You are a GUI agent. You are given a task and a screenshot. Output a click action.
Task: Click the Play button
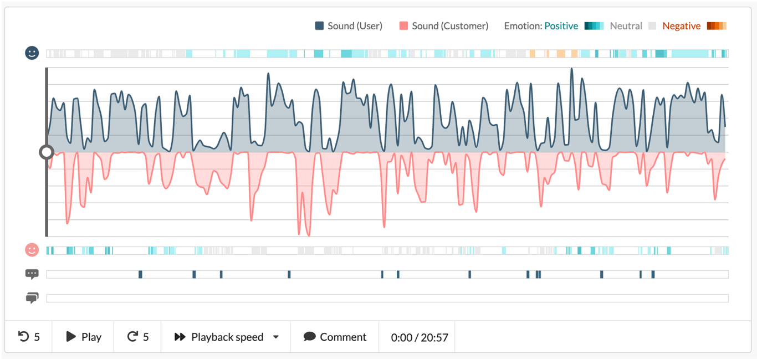tap(83, 337)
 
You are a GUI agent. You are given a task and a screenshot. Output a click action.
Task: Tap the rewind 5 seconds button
tap(29, 337)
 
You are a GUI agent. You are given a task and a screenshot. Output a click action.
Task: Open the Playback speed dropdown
tap(226, 337)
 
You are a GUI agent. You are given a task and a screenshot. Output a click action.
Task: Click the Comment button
tap(335, 337)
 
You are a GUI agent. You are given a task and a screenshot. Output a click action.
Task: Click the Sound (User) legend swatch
tap(319, 26)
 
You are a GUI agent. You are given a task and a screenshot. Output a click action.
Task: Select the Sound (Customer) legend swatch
tap(403, 26)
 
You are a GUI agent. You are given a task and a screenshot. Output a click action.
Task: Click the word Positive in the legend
tap(561, 26)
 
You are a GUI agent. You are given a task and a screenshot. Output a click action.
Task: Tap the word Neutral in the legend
tap(626, 26)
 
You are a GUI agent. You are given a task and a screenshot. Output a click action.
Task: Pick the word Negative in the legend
tap(681, 26)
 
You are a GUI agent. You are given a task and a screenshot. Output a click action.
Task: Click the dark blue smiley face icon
tap(32, 53)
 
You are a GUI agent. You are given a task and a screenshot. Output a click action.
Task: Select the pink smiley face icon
tap(32, 250)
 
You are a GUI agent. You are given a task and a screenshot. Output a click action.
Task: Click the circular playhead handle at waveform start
tap(47, 152)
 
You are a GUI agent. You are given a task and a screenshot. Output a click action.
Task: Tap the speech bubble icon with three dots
tap(32, 274)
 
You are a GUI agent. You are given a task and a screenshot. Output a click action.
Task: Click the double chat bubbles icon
tap(32, 299)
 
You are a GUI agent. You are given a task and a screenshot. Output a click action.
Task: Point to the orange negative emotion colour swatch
tap(717, 26)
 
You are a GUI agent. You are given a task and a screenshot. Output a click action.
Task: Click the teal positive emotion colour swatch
tap(594, 26)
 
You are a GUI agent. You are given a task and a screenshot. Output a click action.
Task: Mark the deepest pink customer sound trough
tap(308, 235)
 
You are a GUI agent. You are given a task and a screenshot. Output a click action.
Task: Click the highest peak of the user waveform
tap(571, 69)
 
